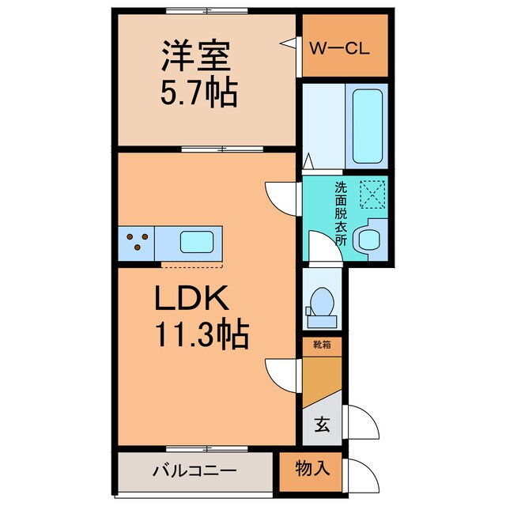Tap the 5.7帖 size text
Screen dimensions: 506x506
[x=198, y=94]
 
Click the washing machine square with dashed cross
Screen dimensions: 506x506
[x=371, y=194]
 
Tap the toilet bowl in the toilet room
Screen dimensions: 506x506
[x=322, y=304]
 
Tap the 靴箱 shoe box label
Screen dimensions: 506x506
[x=322, y=344]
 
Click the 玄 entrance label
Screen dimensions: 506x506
[x=323, y=425]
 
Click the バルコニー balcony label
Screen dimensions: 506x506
[x=194, y=471]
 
